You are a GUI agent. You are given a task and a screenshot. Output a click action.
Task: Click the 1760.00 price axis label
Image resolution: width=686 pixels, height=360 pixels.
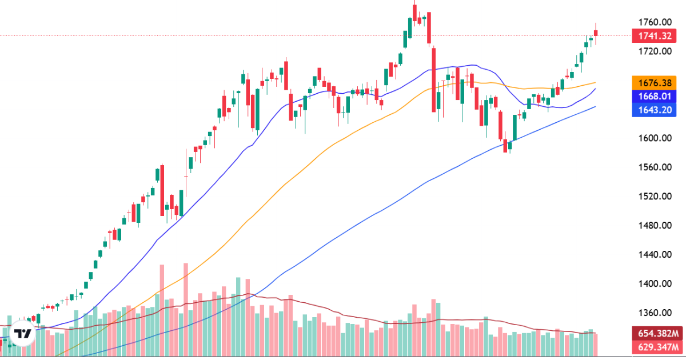tap(655, 22)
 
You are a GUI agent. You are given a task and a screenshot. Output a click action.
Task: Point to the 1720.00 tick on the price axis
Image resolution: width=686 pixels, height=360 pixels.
tap(655, 51)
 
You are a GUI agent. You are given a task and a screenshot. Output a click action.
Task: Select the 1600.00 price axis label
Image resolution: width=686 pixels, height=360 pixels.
tap(655, 138)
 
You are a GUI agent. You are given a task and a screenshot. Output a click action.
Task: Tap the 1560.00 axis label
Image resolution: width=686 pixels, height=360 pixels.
tap(655, 167)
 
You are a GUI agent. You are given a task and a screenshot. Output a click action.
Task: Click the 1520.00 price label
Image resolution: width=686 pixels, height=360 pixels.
tap(655, 197)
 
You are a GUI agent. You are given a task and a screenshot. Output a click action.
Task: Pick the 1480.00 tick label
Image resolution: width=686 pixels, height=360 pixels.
tap(655, 226)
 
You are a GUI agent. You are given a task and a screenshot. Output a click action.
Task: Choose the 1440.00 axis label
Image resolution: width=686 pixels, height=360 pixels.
tap(655, 255)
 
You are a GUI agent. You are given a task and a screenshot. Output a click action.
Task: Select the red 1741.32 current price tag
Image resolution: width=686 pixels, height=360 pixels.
tap(655, 36)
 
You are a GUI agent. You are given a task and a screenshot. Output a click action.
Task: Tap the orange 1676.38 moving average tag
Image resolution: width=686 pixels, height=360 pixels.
tap(655, 82)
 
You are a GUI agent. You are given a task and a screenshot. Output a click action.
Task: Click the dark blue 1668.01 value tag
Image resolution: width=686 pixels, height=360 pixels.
tap(655, 95)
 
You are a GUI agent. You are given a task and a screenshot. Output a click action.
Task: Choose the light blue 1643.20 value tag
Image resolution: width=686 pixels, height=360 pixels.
tap(655, 110)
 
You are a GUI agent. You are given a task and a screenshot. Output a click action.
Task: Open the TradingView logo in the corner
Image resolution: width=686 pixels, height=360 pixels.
tap(23, 335)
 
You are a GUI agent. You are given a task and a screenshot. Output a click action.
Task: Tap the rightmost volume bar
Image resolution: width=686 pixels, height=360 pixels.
tap(596, 343)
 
